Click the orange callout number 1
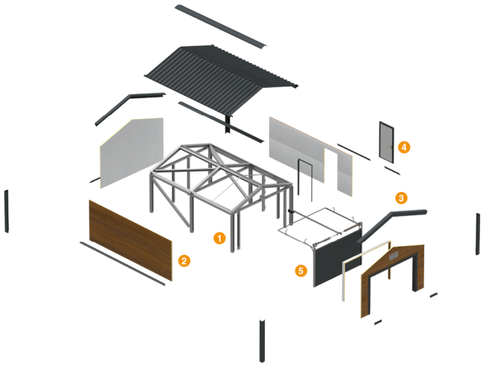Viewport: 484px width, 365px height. click(219, 238)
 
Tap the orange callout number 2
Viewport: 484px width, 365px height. click(184, 261)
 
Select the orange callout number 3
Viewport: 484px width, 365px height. click(401, 198)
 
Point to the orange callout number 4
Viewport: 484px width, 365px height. click(404, 147)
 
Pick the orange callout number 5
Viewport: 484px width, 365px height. click(301, 271)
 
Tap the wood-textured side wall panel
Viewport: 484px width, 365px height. click(131, 241)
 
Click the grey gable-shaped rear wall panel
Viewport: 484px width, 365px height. click(132, 153)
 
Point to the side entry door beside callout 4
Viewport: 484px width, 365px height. click(387, 142)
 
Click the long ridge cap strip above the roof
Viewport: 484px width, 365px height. click(221, 26)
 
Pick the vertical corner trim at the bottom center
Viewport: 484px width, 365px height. click(262, 341)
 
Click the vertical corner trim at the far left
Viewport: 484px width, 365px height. click(6, 211)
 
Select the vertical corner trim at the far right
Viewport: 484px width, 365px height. click(478, 234)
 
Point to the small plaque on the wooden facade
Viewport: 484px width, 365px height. click(393, 255)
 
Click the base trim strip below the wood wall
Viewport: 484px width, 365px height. click(122, 264)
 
